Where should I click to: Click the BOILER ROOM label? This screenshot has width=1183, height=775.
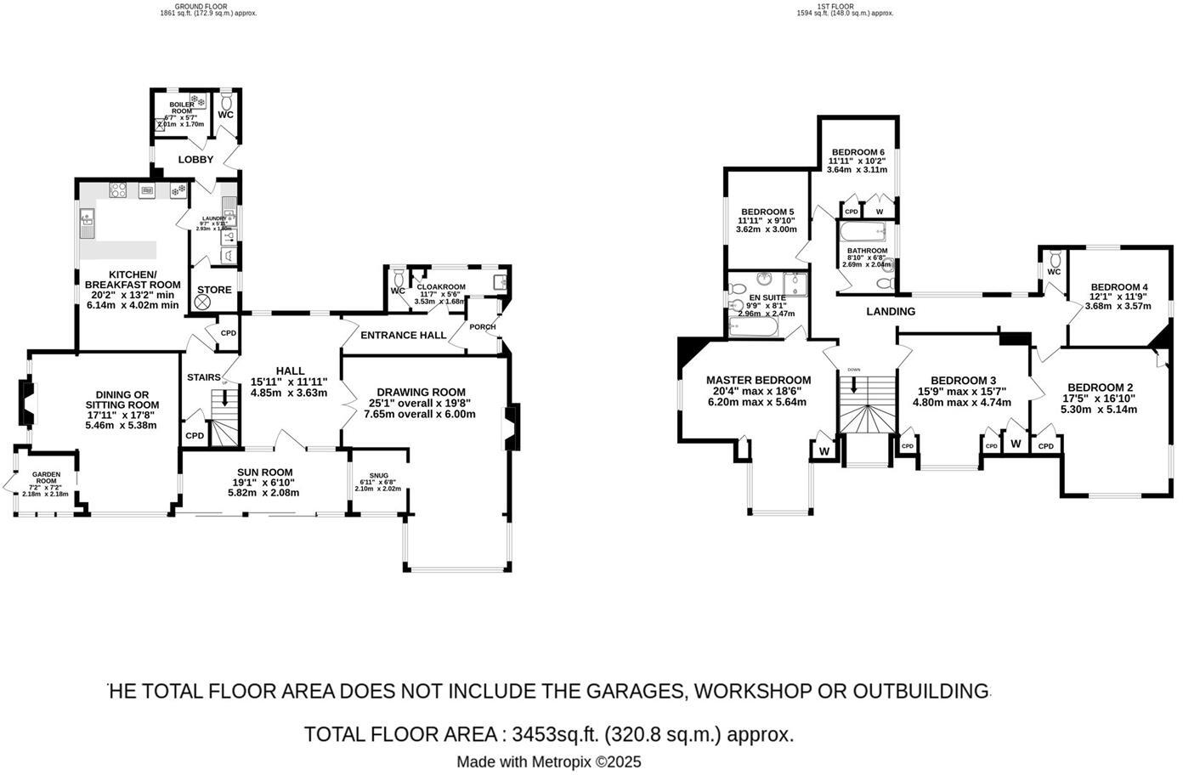(x=181, y=108)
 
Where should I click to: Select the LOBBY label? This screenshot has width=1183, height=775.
(x=195, y=160)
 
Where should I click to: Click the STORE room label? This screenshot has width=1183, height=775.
(x=214, y=290)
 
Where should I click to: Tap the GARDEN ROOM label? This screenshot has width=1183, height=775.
(x=46, y=475)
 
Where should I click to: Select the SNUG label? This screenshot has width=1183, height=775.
(x=378, y=476)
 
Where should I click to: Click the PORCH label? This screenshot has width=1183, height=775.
(x=482, y=327)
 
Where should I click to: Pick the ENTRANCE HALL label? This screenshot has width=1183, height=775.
(x=403, y=336)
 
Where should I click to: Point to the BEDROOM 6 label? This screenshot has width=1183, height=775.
(x=858, y=152)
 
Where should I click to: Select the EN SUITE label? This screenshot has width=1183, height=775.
(x=767, y=297)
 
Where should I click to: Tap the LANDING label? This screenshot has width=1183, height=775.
(x=891, y=312)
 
